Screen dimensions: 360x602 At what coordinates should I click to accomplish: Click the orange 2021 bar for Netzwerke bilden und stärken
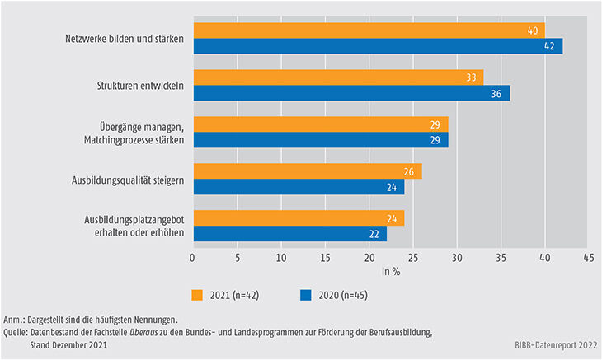pos(368,30)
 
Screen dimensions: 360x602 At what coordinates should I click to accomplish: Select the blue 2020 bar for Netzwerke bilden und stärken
pos(377,46)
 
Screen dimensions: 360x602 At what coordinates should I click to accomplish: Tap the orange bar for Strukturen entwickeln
pos(337,77)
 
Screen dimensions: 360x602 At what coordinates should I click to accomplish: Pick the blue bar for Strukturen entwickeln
pos(350,93)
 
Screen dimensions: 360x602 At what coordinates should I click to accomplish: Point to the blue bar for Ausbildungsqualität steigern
pos(298,186)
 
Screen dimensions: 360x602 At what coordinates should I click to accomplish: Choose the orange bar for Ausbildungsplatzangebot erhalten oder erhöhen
pos(298,217)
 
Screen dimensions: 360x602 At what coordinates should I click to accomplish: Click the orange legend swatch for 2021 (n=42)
pos(199,295)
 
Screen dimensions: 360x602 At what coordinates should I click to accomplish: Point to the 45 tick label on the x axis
pos(588,257)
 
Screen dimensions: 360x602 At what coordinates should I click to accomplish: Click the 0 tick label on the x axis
pos(192,257)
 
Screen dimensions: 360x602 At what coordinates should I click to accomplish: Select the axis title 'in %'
pos(390,272)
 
